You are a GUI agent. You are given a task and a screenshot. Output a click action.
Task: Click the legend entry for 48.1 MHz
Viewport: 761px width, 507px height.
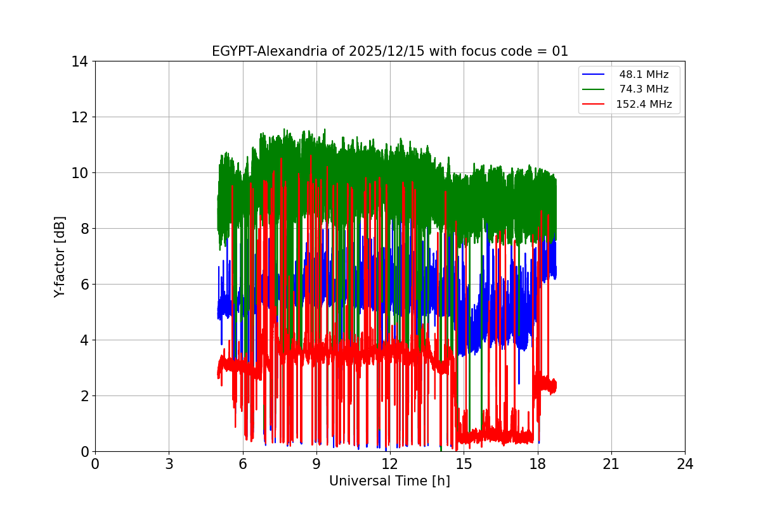pos(644,75)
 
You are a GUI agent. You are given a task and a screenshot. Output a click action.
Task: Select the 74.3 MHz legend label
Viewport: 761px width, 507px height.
pos(644,89)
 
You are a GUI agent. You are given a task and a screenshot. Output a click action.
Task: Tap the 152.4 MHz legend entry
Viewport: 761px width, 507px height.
pos(644,105)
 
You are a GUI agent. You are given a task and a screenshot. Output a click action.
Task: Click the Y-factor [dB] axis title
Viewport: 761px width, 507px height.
pos(60,256)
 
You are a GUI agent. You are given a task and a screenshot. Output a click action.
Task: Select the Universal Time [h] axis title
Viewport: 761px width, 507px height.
pos(389,481)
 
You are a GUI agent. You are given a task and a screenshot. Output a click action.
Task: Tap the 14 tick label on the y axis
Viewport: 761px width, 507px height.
pos(79,61)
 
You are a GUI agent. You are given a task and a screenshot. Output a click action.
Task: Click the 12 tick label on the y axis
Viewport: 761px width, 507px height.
pos(79,117)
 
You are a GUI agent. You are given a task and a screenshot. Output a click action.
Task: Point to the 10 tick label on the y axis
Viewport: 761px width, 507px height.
pos(79,173)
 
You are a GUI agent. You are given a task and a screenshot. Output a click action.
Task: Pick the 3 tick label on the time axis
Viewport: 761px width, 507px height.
pos(169,464)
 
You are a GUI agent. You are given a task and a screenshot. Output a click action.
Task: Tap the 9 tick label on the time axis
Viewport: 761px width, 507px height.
pos(316,464)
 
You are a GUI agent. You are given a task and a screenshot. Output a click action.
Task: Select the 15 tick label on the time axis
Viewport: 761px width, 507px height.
pos(464,464)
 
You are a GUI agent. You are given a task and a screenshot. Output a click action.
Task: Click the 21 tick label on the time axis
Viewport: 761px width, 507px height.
pos(611,464)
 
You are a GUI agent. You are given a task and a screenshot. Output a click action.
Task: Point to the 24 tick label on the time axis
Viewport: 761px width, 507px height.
pos(685,464)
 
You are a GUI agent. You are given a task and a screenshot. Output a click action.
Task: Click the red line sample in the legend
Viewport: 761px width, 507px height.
pos(595,105)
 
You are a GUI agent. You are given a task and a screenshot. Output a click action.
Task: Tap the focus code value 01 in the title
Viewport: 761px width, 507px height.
pos(560,51)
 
